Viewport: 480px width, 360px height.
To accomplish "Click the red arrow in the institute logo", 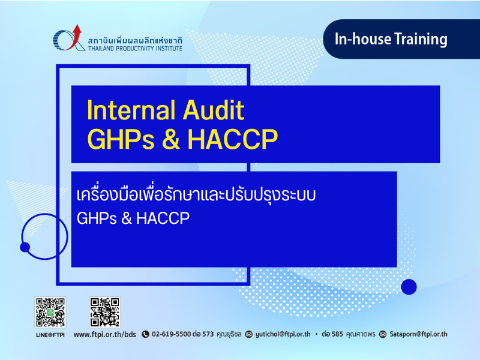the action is tap(75, 37).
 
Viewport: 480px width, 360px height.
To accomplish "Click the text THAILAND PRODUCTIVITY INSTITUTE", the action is tap(135, 49).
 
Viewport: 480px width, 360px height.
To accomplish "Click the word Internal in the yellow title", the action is tap(131, 110).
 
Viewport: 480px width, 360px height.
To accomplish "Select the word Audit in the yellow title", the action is tap(214, 110).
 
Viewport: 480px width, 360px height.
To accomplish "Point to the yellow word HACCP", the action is tap(233, 139).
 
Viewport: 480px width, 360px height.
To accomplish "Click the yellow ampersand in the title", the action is tap(171, 139).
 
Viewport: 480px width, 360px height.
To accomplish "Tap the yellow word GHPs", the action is tap(121, 139).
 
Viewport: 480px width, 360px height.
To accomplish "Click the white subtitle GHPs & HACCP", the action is tap(133, 218).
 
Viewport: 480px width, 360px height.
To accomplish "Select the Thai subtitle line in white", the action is tap(196, 194).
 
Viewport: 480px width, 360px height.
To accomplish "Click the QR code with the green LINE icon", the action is tap(50, 312).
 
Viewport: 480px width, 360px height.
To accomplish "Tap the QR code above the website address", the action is tap(104, 312).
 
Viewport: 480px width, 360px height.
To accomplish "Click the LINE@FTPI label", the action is tap(50, 335).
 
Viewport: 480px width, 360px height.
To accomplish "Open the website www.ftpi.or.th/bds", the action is tap(104, 334).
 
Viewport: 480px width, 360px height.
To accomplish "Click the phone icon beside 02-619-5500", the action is tap(145, 334).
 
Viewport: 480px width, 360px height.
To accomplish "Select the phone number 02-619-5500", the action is tap(172, 334).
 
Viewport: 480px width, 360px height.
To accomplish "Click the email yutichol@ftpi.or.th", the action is tap(283, 334).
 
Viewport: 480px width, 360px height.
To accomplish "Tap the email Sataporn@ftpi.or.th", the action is tap(418, 334).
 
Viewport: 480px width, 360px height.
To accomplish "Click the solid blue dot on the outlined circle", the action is tap(25, 247).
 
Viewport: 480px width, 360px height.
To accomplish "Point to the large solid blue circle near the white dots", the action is tap(409, 287).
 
